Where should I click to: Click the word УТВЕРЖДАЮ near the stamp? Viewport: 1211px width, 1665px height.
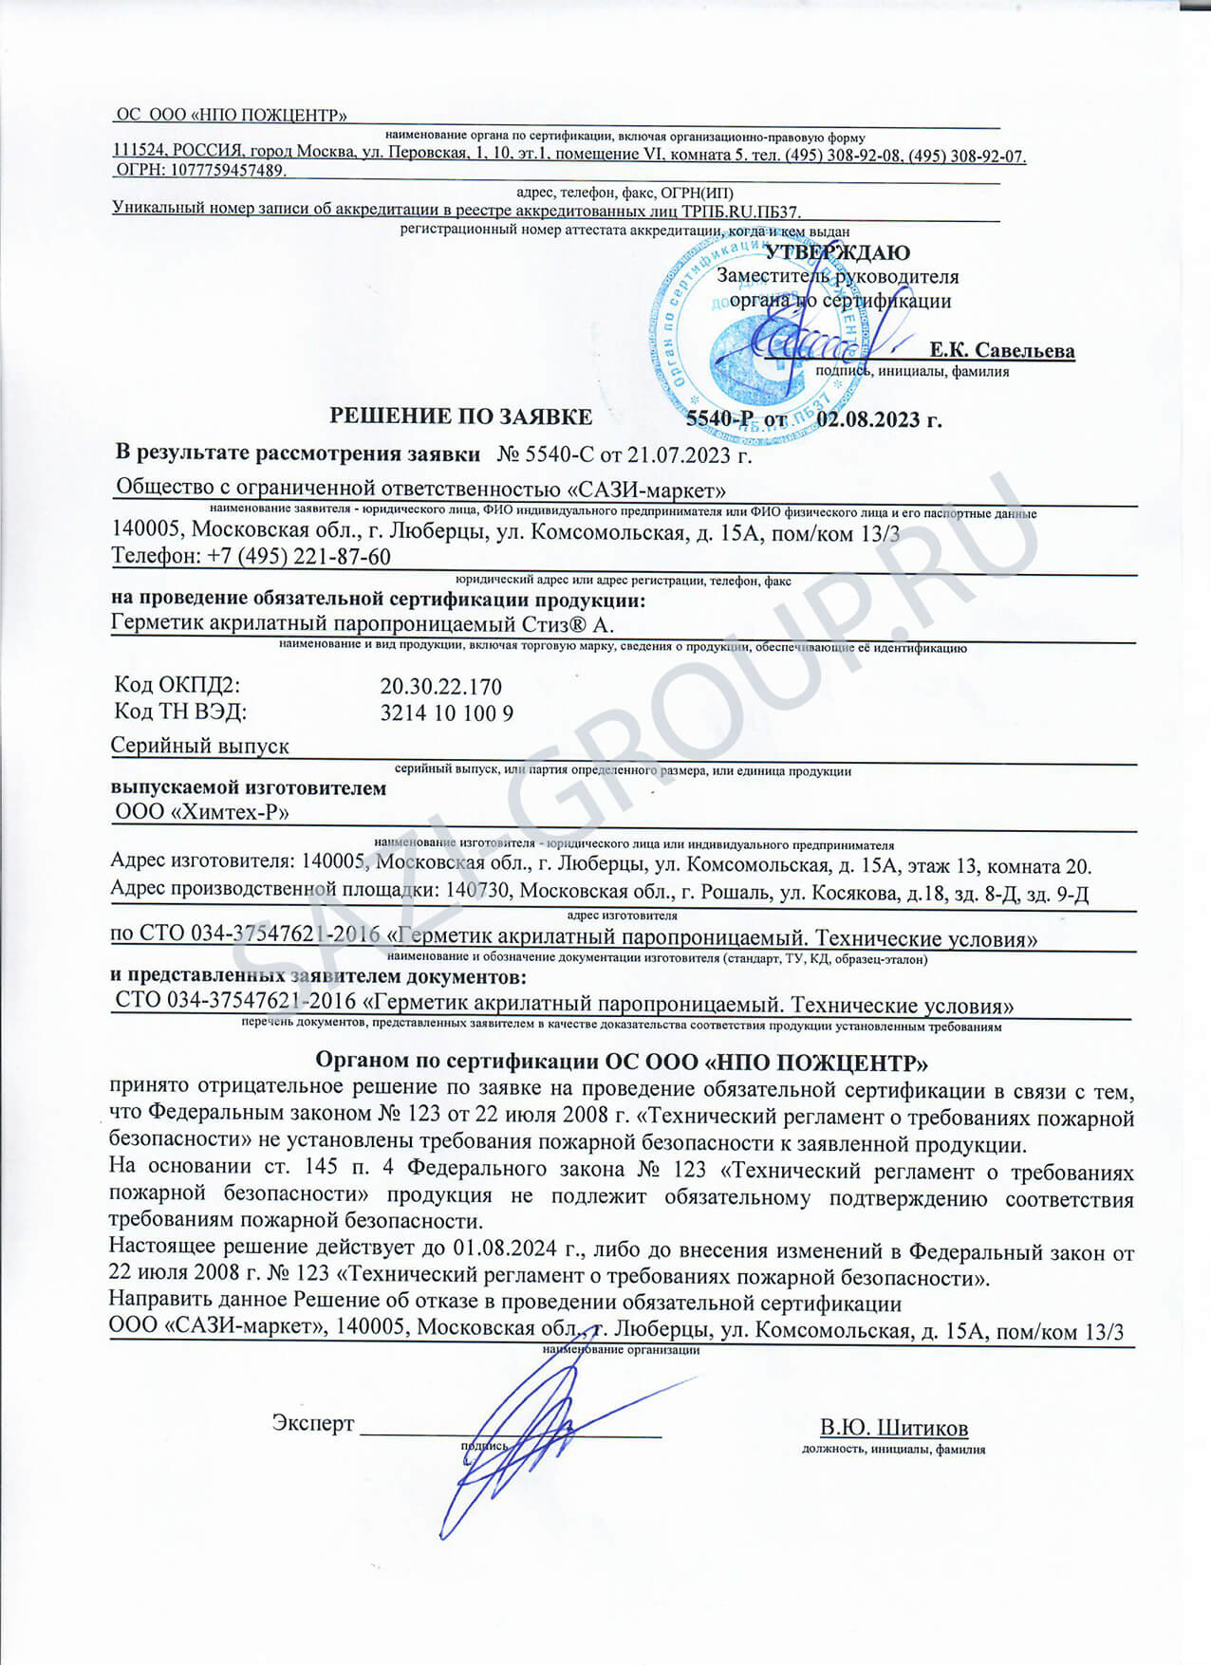(837, 252)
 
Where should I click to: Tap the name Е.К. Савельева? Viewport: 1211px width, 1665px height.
(1002, 350)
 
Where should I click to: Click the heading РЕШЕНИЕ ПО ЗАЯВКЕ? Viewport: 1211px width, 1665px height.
(460, 416)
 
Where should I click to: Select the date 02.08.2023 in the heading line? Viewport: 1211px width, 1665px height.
(879, 419)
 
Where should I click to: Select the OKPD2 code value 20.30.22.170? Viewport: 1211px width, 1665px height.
(440, 686)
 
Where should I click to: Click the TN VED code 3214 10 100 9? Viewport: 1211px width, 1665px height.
(446, 713)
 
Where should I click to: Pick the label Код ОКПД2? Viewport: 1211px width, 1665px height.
(177, 685)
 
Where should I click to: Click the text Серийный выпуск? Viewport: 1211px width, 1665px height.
(200, 746)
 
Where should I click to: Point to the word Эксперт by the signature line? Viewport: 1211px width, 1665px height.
(312, 1423)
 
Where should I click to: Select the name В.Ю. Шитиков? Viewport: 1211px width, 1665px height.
(894, 1428)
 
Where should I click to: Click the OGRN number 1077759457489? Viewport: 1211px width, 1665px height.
(228, 170)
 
